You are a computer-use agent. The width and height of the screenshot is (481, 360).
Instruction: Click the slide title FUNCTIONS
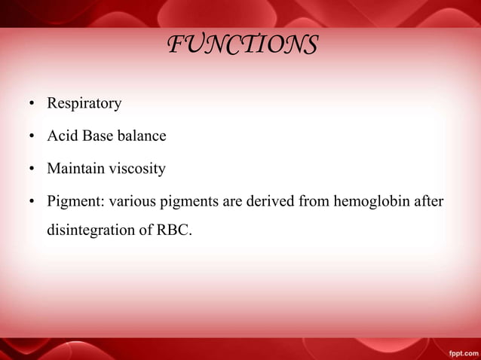pyautogui.click(x=241, y=45)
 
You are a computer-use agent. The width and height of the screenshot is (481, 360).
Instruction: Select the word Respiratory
pyautogui.click(x=84, y=104)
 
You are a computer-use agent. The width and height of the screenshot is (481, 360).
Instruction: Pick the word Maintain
pyautogui.click(x=76, y=169)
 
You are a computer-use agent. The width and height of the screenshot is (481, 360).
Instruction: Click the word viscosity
pyautogui.click(x=137, y=169)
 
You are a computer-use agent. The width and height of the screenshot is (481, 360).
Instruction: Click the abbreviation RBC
pyautogui.click(x=175, y=230)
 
